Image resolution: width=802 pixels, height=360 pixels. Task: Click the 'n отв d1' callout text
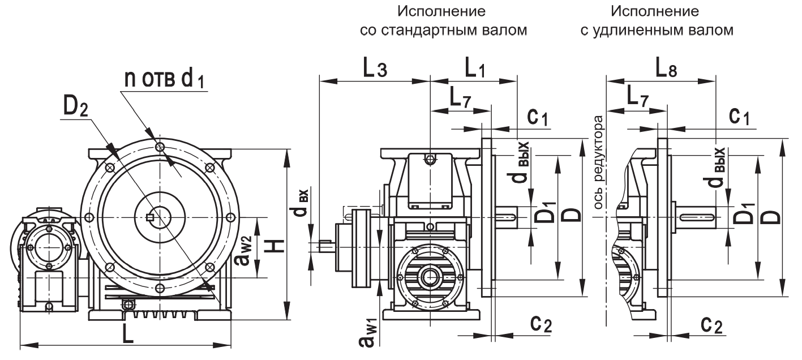tap(164, 80)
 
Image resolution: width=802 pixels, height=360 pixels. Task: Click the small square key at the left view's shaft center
tap(150, 217)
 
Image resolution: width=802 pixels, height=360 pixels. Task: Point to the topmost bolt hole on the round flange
tap(160, 147)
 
